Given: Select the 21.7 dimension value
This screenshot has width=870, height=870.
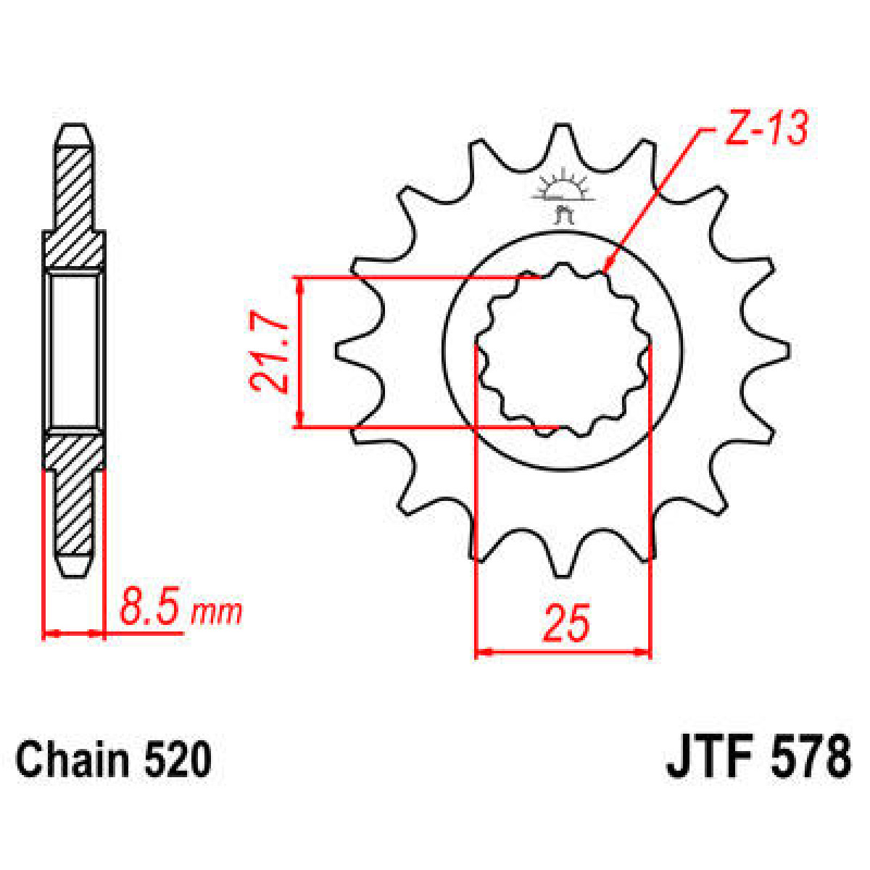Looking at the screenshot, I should click(x=269, y=353).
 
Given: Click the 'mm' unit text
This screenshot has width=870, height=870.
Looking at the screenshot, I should click(x=216, y=613).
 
